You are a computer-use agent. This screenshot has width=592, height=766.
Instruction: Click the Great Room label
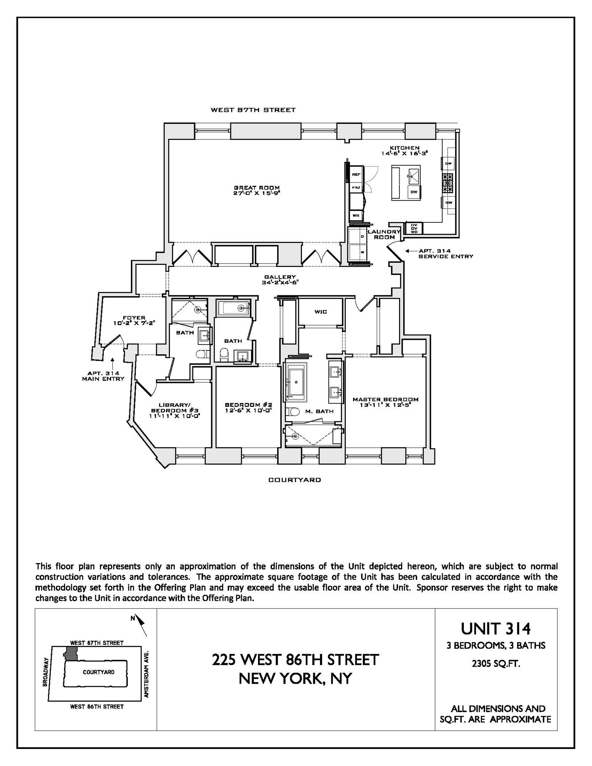[257, 188]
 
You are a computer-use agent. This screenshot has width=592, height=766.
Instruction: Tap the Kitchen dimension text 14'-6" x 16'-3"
[404, 153]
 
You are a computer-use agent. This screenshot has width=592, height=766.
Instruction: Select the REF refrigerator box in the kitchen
[356, 174]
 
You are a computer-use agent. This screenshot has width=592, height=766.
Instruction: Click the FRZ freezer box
[356, 188]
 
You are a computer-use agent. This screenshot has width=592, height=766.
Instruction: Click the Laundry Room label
[384, 234]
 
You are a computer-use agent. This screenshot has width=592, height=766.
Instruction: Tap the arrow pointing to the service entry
[409, 251]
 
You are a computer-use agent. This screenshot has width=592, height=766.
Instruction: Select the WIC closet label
[320, 312]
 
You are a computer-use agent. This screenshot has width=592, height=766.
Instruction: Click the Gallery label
[280, 277]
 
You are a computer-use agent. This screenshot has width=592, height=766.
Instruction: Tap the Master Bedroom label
[385, 399]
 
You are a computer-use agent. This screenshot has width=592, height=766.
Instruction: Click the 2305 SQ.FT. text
[495, 664]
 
